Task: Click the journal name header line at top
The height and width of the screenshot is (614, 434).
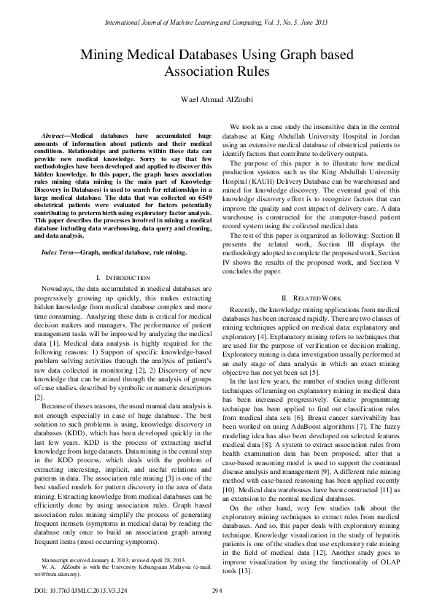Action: click(217, 23)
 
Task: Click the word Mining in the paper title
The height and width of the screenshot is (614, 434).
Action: click(106, 55)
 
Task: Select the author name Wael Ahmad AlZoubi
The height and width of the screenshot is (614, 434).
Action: click(217, 99)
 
